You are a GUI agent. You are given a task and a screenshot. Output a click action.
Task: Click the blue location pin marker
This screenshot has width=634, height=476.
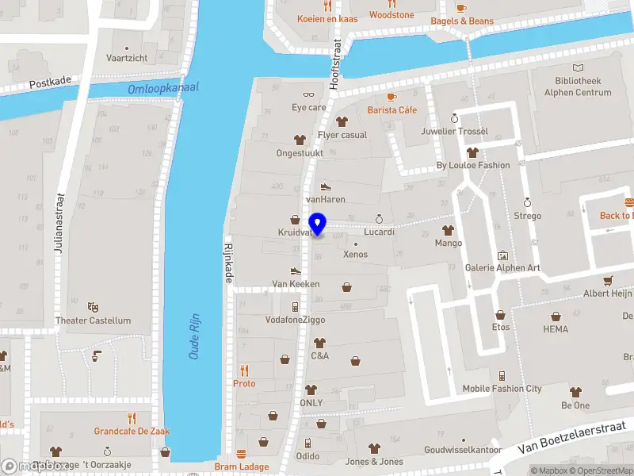pos(317,225)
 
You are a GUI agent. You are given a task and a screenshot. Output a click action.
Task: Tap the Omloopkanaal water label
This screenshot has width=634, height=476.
pos(164,88)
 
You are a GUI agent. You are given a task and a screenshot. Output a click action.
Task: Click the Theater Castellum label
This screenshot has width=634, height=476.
pos(93,321)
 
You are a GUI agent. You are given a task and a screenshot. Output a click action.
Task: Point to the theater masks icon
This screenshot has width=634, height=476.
pos(93,306)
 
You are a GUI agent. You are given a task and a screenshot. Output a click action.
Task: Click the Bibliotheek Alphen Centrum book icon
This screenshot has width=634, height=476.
pos(579,68)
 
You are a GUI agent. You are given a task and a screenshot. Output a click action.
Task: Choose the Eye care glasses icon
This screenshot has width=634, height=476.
pos(308,94)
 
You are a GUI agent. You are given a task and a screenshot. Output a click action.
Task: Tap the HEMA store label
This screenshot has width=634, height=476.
pos(556,328)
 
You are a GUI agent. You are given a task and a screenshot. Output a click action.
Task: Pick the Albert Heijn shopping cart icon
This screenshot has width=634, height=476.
pos(608,280)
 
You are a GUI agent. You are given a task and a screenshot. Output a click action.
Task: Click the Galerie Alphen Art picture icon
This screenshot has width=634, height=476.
pos(502,255)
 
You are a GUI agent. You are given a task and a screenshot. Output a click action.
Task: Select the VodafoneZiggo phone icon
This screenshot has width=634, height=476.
pos(295,306)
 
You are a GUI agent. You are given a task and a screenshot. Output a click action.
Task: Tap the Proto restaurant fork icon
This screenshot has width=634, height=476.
pos(244,370)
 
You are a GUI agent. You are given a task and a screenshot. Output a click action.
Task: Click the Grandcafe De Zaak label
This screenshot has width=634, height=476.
pos(132,432)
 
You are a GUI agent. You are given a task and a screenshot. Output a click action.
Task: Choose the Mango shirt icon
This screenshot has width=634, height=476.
pos(448,230)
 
